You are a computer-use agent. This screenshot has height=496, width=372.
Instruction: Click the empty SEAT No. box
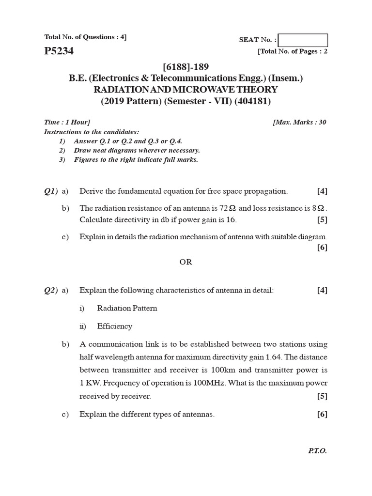(303, 40)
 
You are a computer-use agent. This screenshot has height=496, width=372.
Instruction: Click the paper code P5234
(59, 51)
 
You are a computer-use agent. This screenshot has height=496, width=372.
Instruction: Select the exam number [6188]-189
(186, 67)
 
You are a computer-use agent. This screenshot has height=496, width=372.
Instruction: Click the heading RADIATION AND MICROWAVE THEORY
(186, 90)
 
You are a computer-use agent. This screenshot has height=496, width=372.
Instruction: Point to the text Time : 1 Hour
(67, 122)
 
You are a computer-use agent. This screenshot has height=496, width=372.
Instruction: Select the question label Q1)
(51, 191)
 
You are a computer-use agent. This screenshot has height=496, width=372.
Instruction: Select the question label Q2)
(51, 290)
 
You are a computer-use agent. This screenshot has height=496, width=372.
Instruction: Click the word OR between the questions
(186, 262)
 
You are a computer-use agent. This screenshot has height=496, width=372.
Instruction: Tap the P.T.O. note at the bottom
(317, 450)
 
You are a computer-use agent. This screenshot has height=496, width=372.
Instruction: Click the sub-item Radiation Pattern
(127, 308)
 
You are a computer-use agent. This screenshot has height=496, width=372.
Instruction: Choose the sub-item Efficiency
(114, 326)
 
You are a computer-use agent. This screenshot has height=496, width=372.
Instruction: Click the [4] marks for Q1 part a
(322, 191)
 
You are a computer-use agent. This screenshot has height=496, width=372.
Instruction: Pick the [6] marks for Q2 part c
(322, 414)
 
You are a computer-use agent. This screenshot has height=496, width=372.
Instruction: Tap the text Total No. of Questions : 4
(85, 37)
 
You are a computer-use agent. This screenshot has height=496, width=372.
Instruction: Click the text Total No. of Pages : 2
(293, 51)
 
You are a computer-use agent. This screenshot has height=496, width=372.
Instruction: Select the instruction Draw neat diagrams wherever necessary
(137, 150)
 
